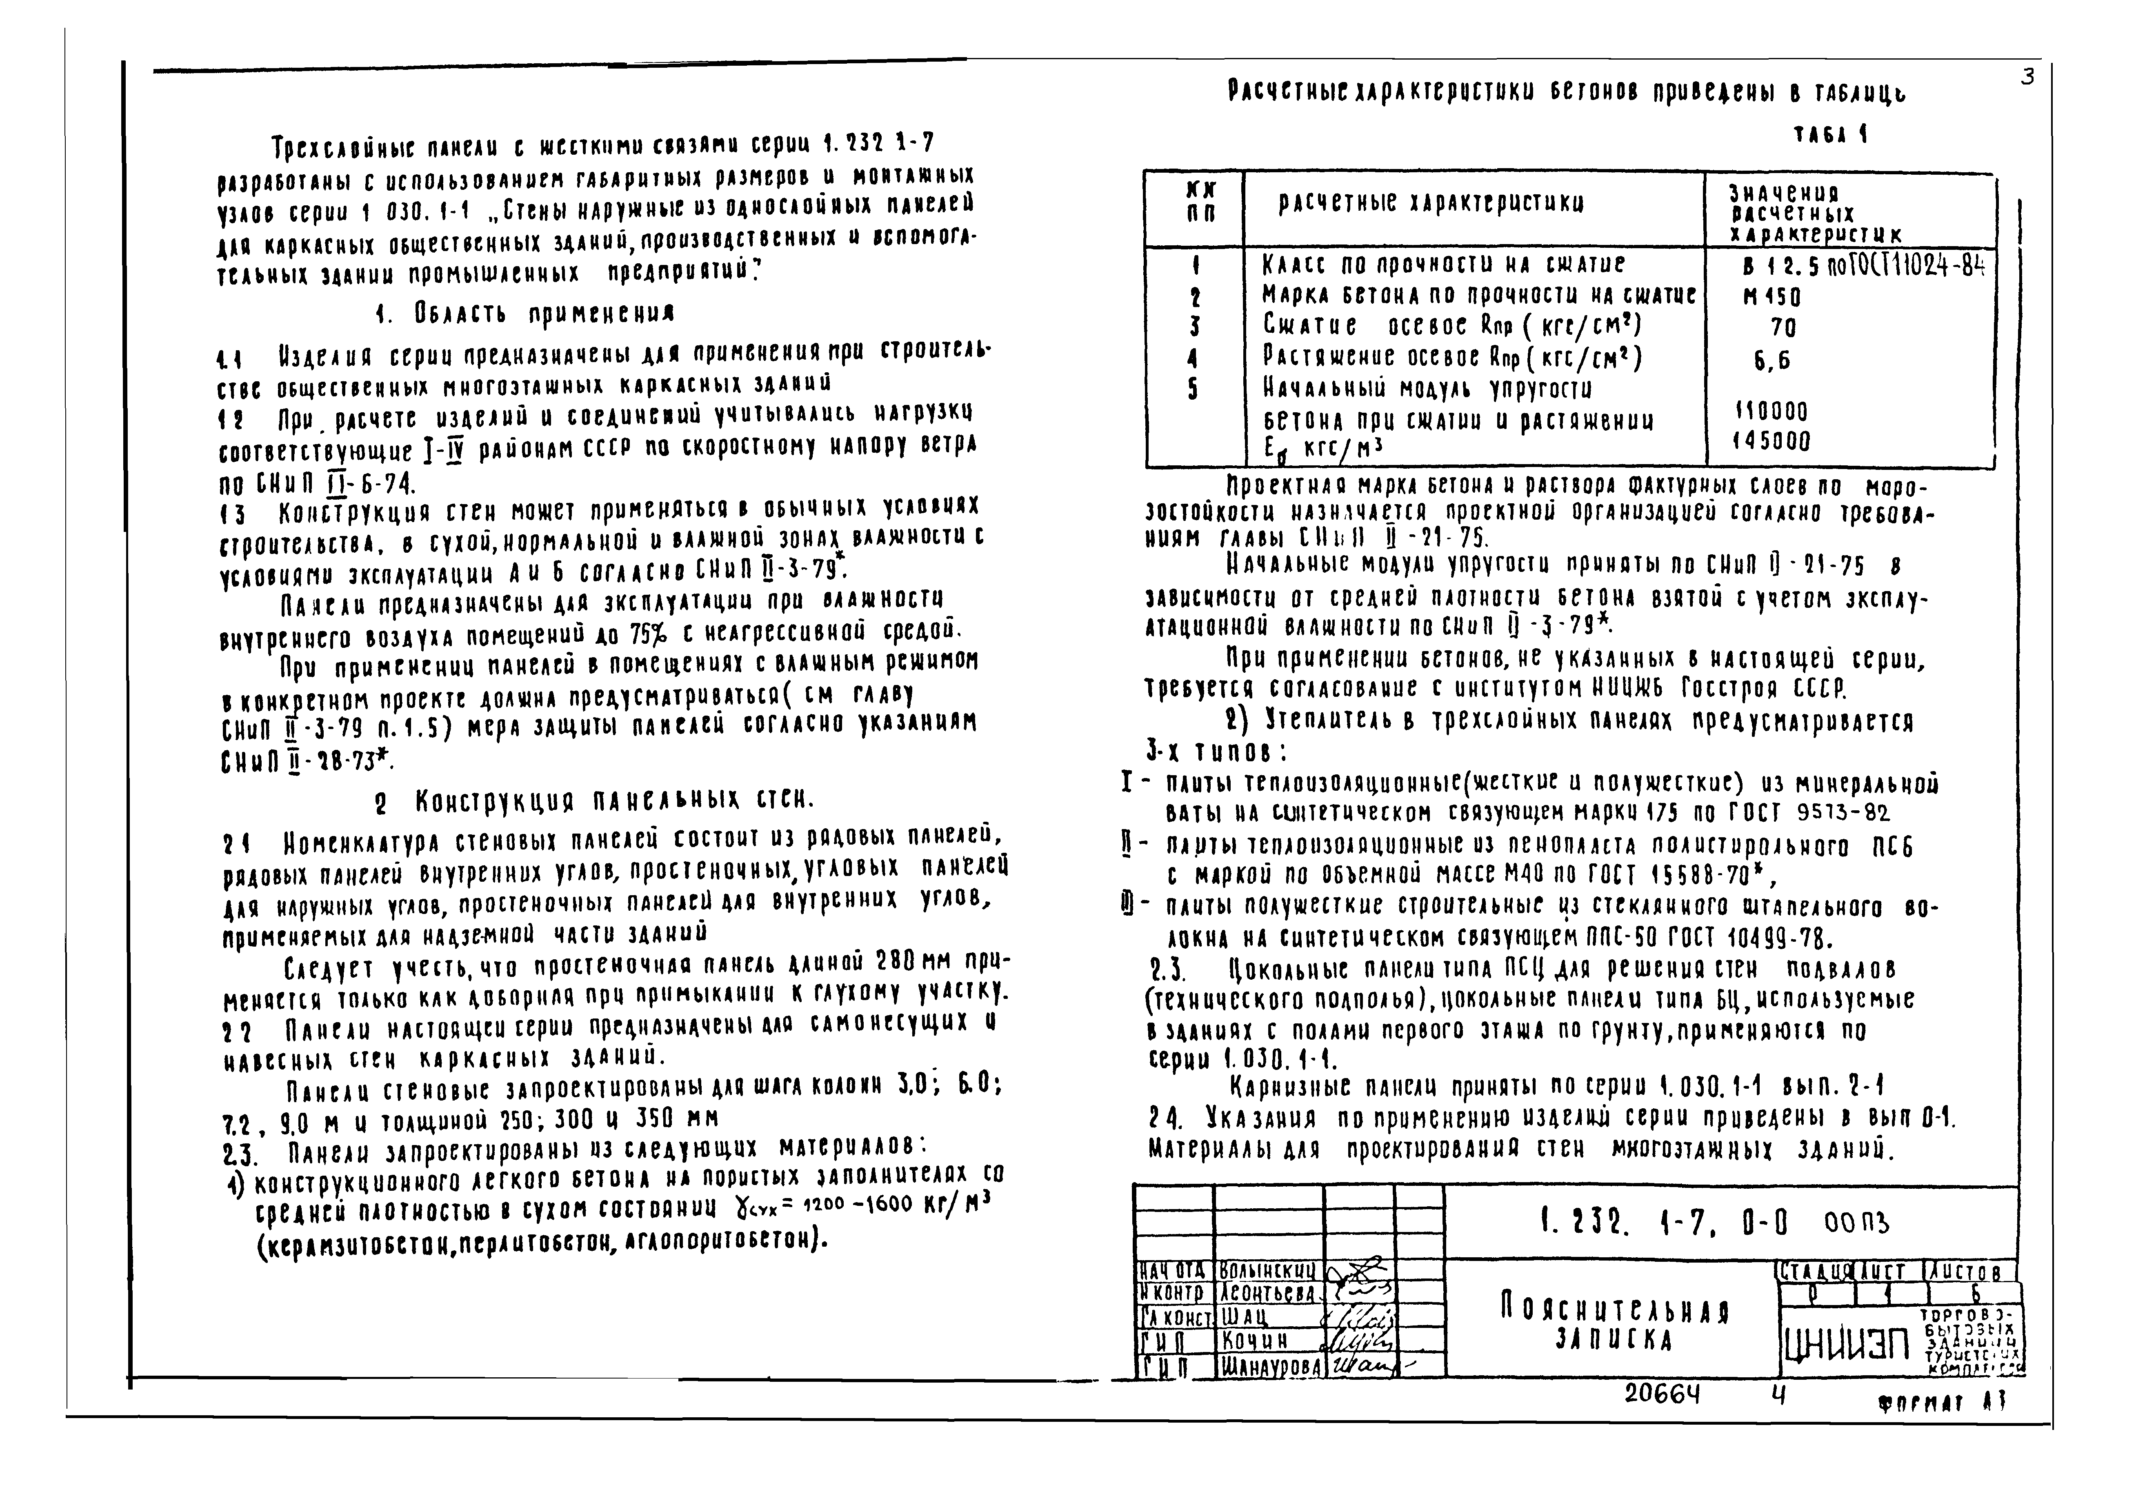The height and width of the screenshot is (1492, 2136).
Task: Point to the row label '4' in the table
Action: coord(1192,359)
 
